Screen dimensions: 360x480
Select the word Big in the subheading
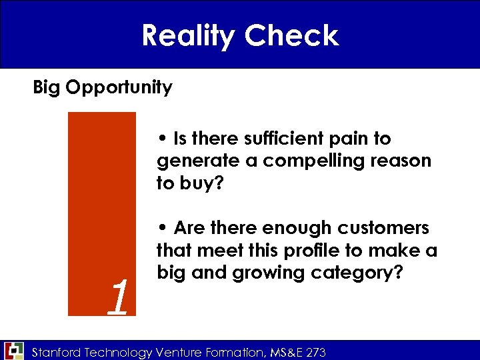pos(47,87)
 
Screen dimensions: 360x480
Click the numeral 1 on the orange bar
pos(117,298)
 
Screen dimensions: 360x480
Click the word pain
pos(352,139)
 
